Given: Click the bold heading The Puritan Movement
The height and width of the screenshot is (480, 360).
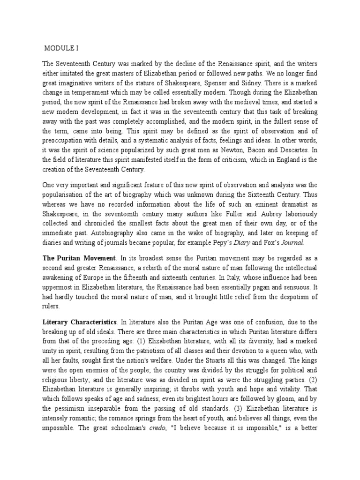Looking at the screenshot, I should click(79, 258).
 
